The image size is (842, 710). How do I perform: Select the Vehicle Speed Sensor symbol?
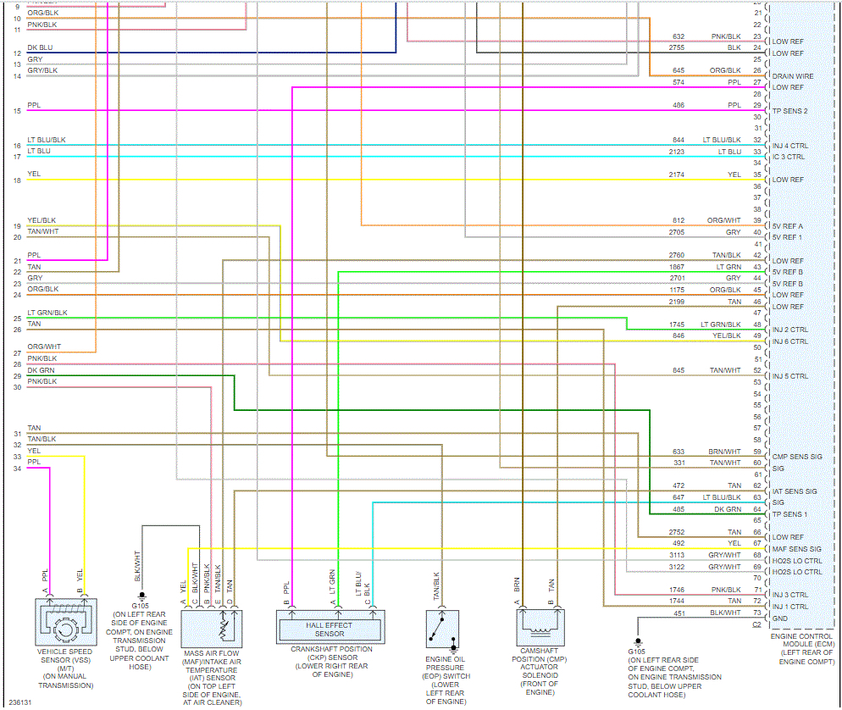(64, 629)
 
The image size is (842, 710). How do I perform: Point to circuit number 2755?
(678, 48)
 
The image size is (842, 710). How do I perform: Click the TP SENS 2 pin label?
(789, 111)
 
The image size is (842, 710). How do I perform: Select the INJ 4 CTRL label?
(789, 146)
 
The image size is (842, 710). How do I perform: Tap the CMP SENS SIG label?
(796, 457)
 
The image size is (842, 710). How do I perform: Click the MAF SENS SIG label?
(796, 549)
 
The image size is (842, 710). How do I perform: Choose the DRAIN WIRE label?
(793, 76)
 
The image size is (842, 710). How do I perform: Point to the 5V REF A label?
(788, 226)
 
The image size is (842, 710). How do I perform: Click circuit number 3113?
(678, 555)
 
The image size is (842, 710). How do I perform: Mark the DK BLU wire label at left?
(40, 47)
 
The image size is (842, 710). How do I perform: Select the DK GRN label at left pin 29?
(40, 369)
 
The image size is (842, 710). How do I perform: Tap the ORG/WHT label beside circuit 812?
(724, 220)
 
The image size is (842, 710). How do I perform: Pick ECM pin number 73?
(756, 613)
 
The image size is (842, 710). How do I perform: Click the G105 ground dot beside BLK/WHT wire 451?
(637, 641)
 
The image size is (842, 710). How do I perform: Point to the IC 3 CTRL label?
(789, 157)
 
